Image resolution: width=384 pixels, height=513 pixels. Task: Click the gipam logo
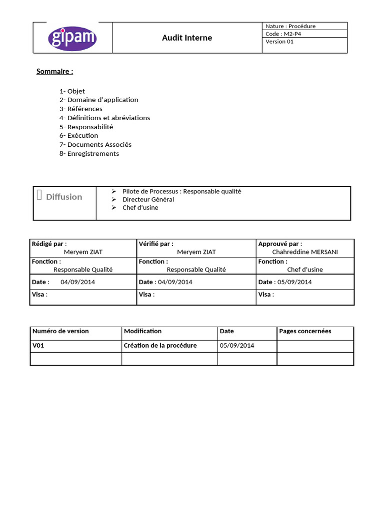coord(72,38)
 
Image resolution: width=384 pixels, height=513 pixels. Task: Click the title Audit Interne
coord(187,38)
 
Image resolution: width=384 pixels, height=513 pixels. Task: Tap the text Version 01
coord(279,42)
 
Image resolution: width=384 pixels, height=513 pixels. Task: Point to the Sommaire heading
coord(54,71)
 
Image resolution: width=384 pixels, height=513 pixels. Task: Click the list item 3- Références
coord(80,109)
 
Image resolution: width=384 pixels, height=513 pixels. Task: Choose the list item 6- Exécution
coord(78,135)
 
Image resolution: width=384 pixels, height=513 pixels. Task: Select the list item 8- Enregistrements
coord(89,153)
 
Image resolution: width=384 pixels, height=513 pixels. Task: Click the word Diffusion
coord(64,197)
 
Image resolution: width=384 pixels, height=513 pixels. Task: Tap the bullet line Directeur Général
coord(148,199)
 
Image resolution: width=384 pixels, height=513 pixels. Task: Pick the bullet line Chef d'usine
coord(140,207)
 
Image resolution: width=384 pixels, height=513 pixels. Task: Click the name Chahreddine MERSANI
coord(305,252)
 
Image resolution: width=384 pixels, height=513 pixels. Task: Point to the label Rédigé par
coord(49,243)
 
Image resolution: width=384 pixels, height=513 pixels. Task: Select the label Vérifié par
coord(156,243)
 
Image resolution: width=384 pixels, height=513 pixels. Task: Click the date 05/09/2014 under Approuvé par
coord(294,282)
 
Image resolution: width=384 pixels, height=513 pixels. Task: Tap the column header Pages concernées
coord(305,331)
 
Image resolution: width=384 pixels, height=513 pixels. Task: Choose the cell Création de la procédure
coord(160,346)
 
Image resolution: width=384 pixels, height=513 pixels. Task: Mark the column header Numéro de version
coord(60,331)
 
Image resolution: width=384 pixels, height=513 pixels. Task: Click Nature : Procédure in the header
coord(290,26)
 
